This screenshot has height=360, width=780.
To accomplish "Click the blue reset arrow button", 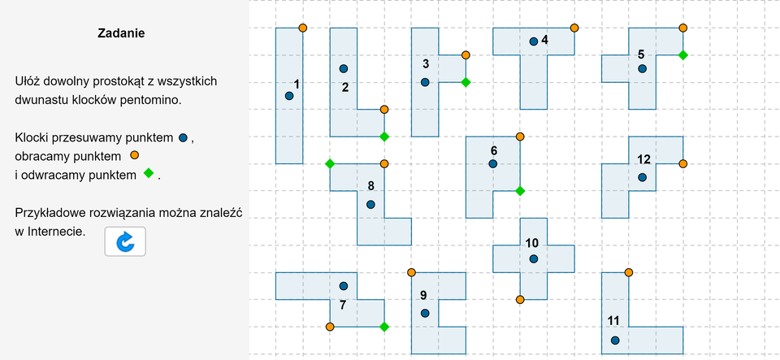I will point(125,241).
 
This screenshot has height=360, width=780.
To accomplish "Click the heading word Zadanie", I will point(122,34).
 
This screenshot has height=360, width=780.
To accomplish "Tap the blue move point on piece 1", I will point(289,96).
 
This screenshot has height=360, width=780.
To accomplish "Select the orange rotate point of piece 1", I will point(303,28).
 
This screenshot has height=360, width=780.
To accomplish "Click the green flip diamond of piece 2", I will point(384,137).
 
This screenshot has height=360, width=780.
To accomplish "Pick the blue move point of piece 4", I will point(534,41).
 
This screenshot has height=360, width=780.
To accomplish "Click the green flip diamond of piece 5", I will point(682,55).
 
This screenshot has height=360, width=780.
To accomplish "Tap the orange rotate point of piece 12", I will point(682,163).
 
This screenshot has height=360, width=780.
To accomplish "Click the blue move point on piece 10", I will point(534,258).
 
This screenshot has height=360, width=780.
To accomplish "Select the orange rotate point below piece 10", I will point(520,299).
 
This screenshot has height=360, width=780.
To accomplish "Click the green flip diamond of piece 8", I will point(330,163).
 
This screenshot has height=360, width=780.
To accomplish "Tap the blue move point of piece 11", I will point(615,340).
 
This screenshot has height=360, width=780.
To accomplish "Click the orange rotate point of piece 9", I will point(411,272).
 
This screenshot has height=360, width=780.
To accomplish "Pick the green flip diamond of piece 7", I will point(384,327).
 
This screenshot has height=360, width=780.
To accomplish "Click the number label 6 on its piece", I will point(494,150).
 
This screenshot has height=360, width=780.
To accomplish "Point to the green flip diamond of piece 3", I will point(466,82).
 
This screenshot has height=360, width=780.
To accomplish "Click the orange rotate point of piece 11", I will point(628,272).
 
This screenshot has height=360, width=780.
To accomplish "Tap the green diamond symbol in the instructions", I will point(149,174).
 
